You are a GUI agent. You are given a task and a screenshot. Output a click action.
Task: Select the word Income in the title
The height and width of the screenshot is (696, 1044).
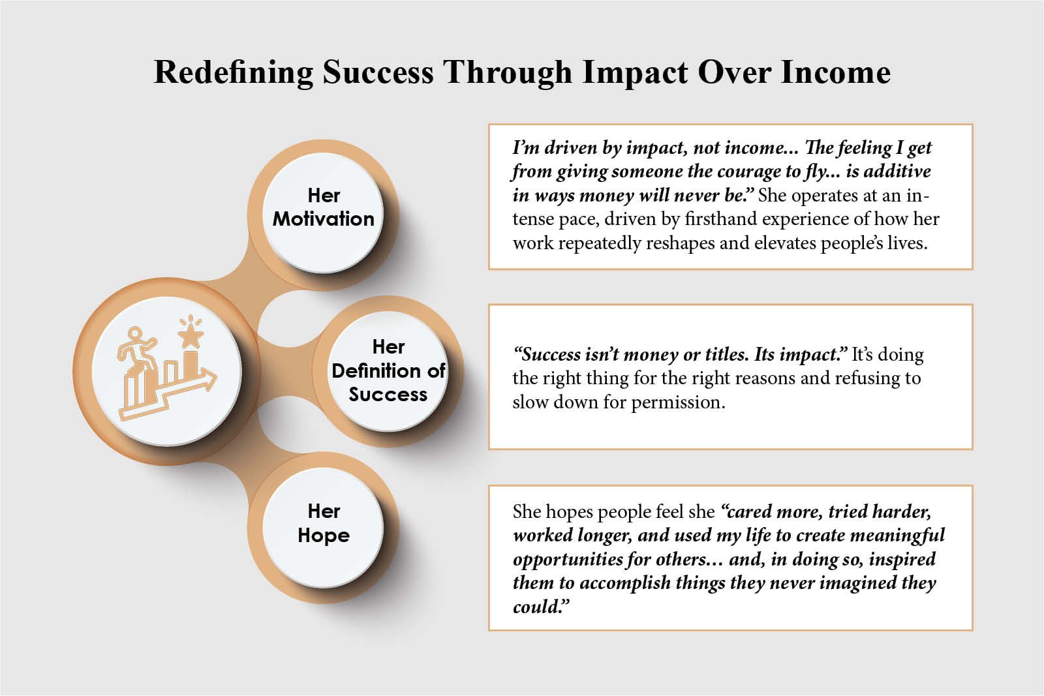[x=836, y=72]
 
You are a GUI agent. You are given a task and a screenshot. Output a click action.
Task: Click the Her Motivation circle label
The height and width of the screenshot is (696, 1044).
[x=324, y=207]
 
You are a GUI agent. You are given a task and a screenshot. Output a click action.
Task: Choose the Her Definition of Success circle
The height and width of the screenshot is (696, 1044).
[x=388, y=371]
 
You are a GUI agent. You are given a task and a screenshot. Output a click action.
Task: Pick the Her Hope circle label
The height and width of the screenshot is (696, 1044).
[x=324, y=523]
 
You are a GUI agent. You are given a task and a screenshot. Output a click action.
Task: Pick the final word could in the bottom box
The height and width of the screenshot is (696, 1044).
[x=541, y=607]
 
